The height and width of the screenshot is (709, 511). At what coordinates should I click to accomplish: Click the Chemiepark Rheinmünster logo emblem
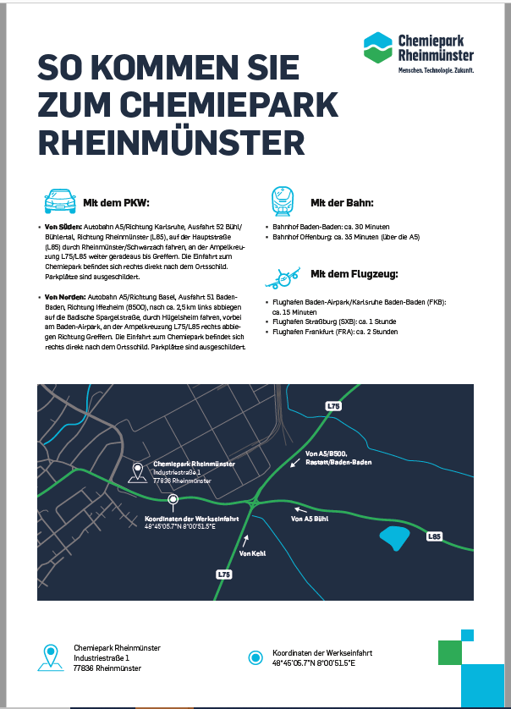click(x=378, y=48)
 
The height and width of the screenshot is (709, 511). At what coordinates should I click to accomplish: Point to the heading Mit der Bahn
click(x=342, y=203)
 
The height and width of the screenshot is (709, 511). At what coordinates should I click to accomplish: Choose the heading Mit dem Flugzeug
click(x=354, y=274)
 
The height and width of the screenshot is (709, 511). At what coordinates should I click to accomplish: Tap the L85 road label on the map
click(x=435, y=536)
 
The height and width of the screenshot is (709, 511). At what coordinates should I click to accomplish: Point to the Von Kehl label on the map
click(x=252, y=552)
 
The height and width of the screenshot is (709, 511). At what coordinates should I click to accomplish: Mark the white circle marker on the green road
click(x=173, y=499)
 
